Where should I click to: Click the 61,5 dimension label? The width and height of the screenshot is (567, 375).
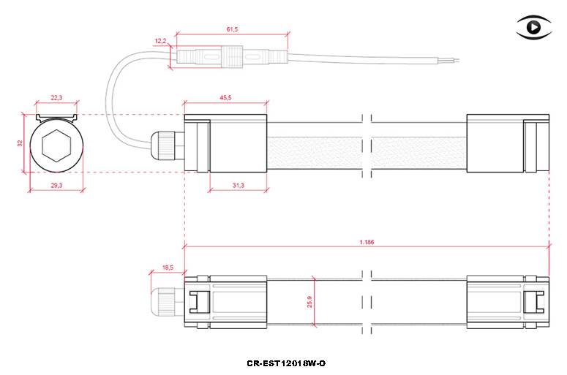(x=232, y=29)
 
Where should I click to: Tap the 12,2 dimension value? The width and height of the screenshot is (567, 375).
(x=160, y=41)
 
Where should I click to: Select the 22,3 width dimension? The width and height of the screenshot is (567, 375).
(x=56, y=97)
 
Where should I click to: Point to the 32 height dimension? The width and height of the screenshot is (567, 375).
(x=20, y=143)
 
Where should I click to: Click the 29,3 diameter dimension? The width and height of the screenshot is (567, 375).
(x=56, y=186)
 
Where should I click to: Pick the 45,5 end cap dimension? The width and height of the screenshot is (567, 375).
(x=225, y=97)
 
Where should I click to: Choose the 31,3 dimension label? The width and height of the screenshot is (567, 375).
(x=239, y=186)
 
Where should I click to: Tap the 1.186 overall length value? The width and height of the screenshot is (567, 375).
(x=367, y=242)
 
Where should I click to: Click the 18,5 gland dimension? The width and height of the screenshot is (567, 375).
(x=168, y=268)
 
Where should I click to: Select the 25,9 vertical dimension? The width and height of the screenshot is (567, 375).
(x=309, y=302)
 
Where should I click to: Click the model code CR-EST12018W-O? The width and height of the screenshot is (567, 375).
(x=286, y=363)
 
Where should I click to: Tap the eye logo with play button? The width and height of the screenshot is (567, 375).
(x=534, y=27)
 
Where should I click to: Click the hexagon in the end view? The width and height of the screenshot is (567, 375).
(x=56, y=145)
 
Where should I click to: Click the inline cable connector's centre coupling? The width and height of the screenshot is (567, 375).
(x=232, y=57)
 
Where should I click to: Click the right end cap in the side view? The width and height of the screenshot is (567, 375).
(x=508, y=143)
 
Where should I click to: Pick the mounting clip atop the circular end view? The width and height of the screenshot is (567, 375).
(x=56, y=118)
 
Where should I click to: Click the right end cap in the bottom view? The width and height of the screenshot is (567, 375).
(x=508, y=302)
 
